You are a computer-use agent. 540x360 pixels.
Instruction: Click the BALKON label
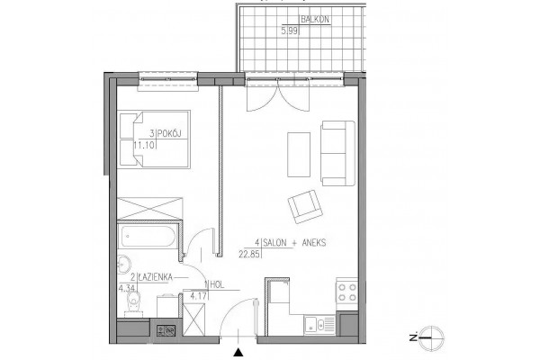(x=315, y=19)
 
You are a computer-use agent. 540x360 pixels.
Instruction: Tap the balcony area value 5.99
(x=290, y=31)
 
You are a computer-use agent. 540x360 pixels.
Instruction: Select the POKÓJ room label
(x=170, y=134)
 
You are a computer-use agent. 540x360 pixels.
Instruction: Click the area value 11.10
(x=144, y=145)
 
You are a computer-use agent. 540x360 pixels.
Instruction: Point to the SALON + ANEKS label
(x=294, y=242)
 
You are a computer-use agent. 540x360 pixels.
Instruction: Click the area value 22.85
(x=249, y=254)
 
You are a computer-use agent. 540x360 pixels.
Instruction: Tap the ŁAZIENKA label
(x=156, y=276)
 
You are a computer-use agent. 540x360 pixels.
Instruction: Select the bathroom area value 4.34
(x=127, y=288)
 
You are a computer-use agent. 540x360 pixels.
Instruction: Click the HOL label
(x=217, y=284)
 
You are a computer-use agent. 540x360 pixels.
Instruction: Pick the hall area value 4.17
(x=199, y=295)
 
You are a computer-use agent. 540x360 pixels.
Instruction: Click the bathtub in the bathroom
(x=147, y=237)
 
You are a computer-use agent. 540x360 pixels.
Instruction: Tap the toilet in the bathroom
(x=134, y=304)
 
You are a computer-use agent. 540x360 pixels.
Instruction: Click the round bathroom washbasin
(x=123, y=265)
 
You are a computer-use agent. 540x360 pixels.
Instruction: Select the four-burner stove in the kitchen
(x=346, y=292)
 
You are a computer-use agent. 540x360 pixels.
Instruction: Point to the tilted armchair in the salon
(x=305, y=206)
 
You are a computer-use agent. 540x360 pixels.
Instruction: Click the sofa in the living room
(x=337, y=153)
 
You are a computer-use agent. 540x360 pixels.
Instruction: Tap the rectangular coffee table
(x=299, y=155)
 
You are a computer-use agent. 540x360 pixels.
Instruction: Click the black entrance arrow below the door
(x=238, y=353)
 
